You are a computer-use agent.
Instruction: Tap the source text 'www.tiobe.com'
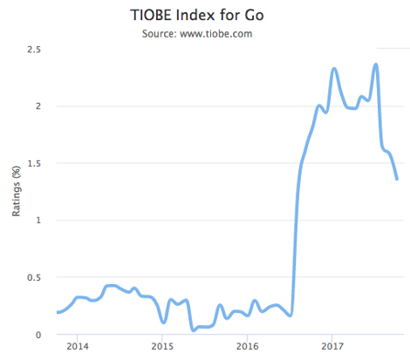[x=228, y=34]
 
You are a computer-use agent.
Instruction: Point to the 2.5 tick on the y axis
[x=37, y=50]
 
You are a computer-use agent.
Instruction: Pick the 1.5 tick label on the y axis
[x=37, y=163]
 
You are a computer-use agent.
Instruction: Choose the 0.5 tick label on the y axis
[x=37, y=277]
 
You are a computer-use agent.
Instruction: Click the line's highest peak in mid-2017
[x=375, y=64]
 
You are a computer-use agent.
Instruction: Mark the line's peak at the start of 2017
[x=334, y=69]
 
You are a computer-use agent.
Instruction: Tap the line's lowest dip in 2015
[x=193, y=330]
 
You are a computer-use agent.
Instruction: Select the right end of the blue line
[x=397, y=180]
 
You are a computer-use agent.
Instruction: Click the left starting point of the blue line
[x=57, y=312]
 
